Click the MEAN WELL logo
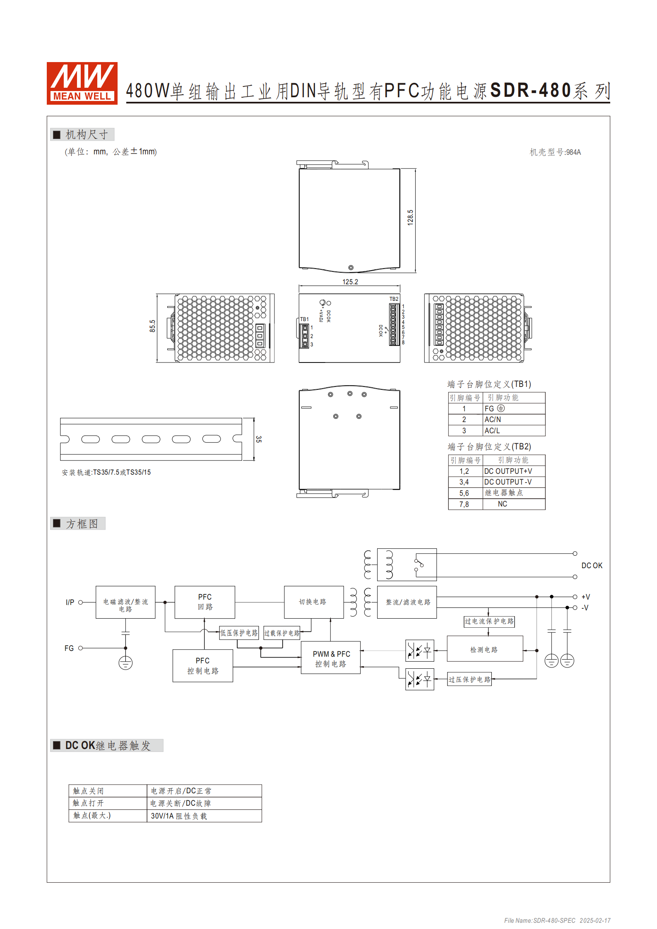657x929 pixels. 82,83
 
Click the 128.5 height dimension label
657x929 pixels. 410,217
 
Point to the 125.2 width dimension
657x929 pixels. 350,282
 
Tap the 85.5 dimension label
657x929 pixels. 152,326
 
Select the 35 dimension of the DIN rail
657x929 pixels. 259,439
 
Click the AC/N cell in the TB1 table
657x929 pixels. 493,420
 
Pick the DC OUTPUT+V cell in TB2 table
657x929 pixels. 508,471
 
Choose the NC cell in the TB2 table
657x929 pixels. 502,504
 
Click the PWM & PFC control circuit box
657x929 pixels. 331,658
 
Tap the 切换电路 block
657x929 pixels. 313,602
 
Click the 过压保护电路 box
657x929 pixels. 469,679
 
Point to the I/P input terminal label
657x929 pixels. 70,603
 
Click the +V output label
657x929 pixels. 586,597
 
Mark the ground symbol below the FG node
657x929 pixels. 125,663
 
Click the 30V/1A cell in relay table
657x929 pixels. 179,816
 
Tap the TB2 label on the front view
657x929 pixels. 394,299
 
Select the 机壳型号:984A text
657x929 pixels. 555,152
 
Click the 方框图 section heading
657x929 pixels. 82,524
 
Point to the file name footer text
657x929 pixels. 557,921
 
